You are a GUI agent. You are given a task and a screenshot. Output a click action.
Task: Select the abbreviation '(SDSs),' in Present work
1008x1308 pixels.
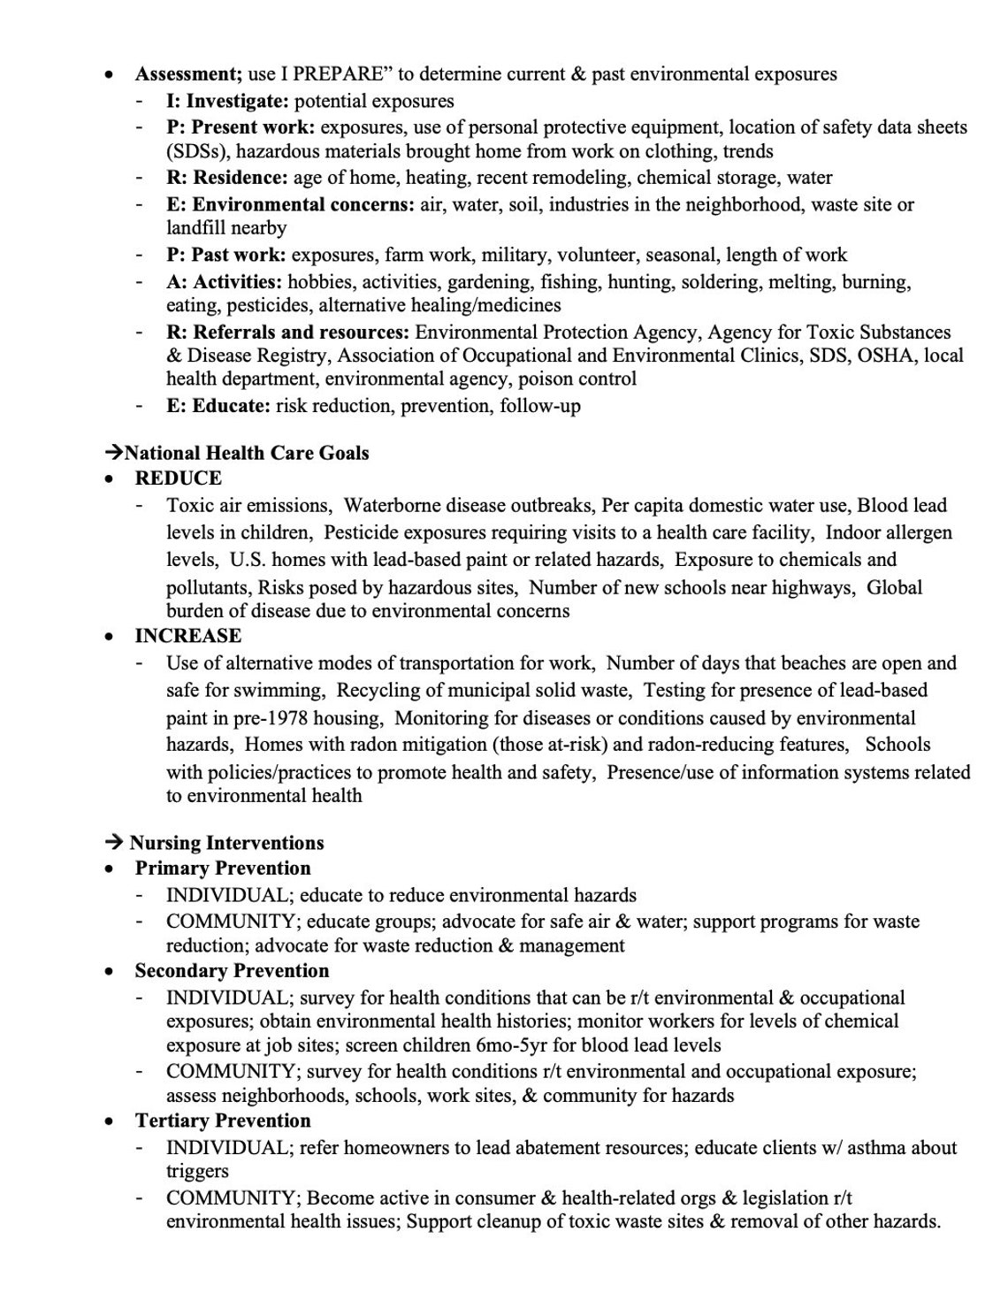tap(198, 151)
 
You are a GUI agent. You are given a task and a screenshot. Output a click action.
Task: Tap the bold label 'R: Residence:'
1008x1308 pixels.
tap(227, 178)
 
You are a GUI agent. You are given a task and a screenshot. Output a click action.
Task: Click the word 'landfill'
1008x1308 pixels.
tap(194, 228)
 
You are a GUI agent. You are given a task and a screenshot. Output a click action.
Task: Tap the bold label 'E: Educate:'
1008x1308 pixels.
tap(218, 406)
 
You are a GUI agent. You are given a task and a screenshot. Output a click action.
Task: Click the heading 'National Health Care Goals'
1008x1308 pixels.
tap(247, 453)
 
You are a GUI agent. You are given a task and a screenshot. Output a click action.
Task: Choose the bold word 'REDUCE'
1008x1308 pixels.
tap(178, 478)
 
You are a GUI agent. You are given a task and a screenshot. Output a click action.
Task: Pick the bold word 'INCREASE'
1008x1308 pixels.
tap(187, 636)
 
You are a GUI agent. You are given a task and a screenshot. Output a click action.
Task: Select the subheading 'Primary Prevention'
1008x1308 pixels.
tap(223, 868)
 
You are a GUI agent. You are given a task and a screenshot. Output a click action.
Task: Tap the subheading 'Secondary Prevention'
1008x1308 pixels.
tap(232, 971)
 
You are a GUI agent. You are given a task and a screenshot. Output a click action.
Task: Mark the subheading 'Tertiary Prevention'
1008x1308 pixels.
tap(223, 1121)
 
